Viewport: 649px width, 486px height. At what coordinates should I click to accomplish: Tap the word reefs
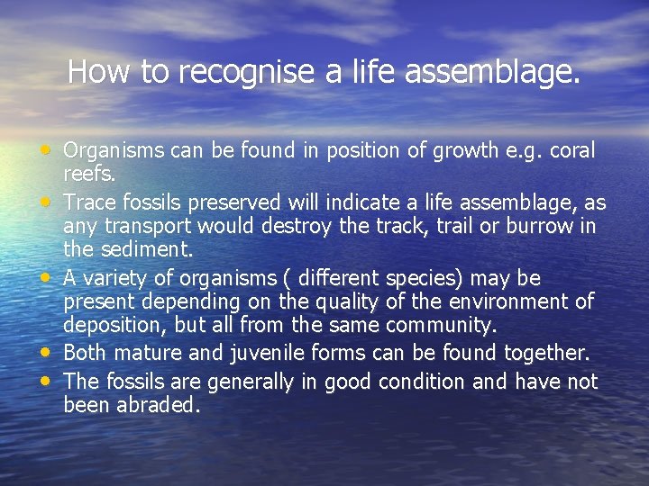pos(90,174)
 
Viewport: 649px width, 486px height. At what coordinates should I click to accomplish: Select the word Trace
pos(91,202)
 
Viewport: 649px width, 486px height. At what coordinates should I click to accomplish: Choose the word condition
pos(422,382)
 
